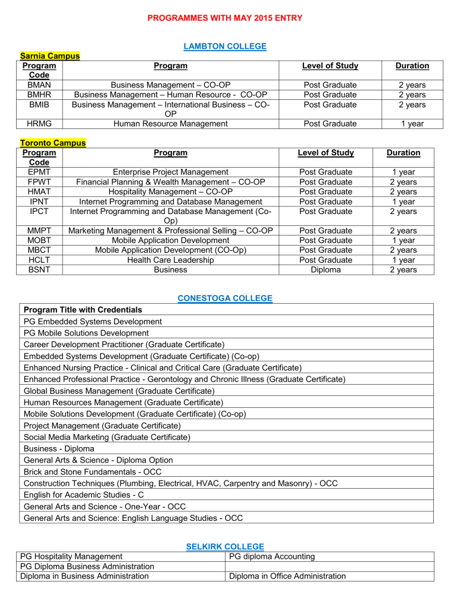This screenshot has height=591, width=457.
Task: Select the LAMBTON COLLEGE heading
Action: [224, 46]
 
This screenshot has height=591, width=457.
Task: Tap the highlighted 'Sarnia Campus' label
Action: [50, 56]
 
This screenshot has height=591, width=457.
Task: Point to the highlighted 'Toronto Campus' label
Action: [53, 143]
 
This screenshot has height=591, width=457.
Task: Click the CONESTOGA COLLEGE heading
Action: [225, 298]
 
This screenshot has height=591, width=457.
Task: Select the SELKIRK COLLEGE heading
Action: [225, 546]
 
